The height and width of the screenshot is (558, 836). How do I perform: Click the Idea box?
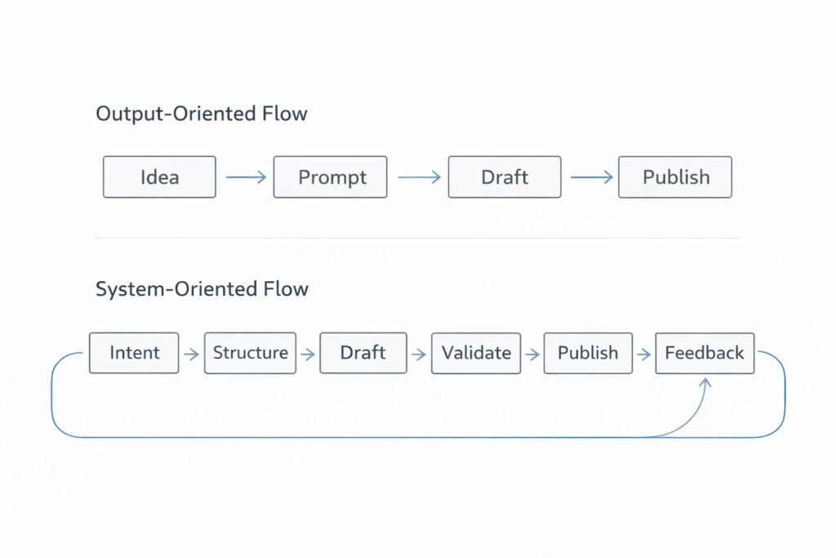click(159, 177)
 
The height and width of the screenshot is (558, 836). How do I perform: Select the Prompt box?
click(330, 177)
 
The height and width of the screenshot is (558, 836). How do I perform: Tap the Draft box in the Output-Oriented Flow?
click(505, 177)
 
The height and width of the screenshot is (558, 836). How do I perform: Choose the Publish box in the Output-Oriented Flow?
click(675, 177)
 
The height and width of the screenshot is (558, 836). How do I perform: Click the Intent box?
click(134, 353)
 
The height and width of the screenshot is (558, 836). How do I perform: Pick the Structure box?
click(250, 353)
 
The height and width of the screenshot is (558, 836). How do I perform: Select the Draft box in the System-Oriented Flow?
click(362, 353)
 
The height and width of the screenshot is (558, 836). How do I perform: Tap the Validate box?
click(476, 353)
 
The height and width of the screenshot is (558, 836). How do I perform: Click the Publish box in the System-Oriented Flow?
click(587, 353)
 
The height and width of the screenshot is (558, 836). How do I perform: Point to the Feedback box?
click(705, 353)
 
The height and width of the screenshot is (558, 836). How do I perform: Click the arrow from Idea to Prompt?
click(245, 177)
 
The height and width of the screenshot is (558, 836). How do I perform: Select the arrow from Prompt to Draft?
click(418, 177)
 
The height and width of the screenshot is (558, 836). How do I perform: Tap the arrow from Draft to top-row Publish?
click(591, 177)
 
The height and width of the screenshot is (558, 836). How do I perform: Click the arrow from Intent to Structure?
click(192, 354)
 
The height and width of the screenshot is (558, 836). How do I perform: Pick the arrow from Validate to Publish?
click(532, 354)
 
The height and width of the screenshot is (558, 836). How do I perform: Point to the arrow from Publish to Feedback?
click(643, 354)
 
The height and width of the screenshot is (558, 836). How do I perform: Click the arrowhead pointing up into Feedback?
click(705, 382)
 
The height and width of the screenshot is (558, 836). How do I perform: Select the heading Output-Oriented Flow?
click(202, 114)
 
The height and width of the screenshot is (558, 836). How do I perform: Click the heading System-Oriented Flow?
click(202, 288)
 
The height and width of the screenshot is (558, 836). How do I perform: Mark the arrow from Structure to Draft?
click(308, 354)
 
